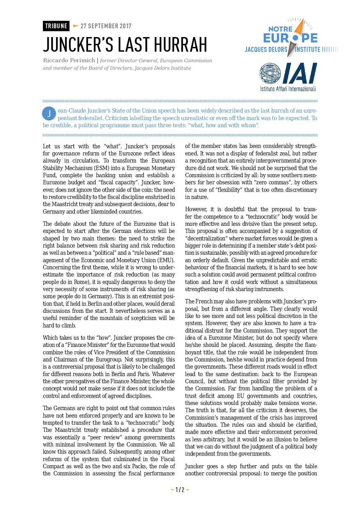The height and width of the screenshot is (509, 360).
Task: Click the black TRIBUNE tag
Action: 56,26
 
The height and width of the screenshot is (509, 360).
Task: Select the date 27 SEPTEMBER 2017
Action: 106,26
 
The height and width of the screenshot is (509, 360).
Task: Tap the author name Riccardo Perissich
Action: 69,61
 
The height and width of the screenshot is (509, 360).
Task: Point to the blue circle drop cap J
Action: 49,114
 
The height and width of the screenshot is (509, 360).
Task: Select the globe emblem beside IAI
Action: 270,73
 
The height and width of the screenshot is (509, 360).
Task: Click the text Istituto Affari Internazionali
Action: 288,89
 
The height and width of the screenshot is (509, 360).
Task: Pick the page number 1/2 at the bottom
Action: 180,490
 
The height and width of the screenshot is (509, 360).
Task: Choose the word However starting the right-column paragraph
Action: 196,209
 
